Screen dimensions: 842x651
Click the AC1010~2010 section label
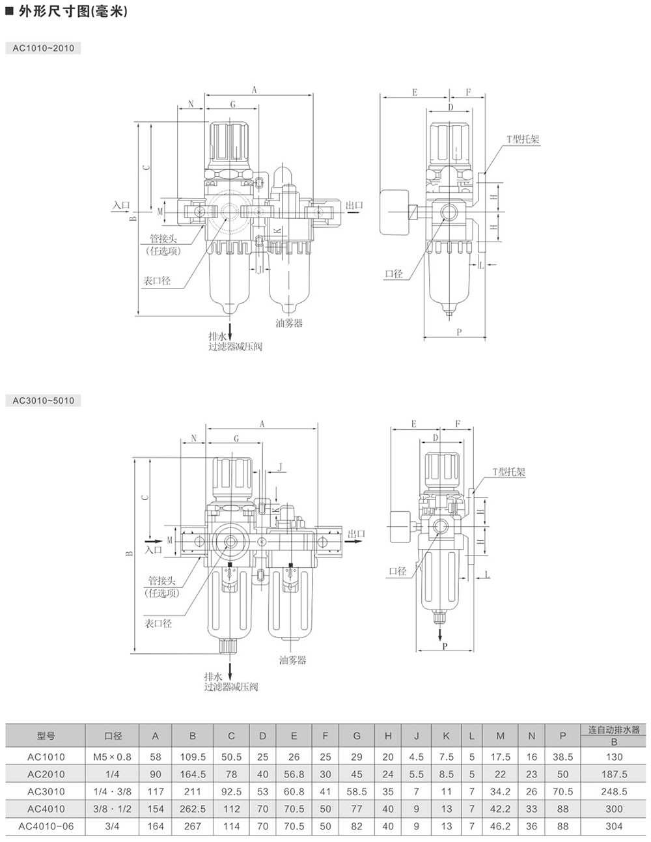[x=43, y=48]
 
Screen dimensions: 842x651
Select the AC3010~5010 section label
[x=43, y=400]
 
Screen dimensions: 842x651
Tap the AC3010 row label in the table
[x=46, y=791]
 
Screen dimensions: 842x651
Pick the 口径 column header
[x=113, y=736]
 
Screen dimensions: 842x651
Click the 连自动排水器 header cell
[x=614, y=730]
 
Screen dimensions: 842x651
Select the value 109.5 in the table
[x=193, y=757]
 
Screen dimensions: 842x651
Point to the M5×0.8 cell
[x=113, y=757]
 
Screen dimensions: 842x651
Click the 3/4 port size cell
[x=113, y=826]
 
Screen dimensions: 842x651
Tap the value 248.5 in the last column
[x=614, y=791]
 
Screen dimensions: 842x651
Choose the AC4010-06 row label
[x=46, y=826]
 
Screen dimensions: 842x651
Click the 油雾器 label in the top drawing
[x=289, y=323]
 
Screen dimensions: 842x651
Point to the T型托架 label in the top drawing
[x=523, y=139]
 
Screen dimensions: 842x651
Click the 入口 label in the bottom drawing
[x=154, y=550]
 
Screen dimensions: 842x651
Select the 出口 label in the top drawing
[x=354, y=206]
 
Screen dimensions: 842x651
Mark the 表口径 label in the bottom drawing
[x=158, y=623]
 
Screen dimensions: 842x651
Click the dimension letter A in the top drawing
[x=255, y=91]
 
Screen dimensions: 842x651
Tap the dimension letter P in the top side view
[x=459, y=332]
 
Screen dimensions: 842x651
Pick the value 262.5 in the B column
[x=193, y=809]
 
